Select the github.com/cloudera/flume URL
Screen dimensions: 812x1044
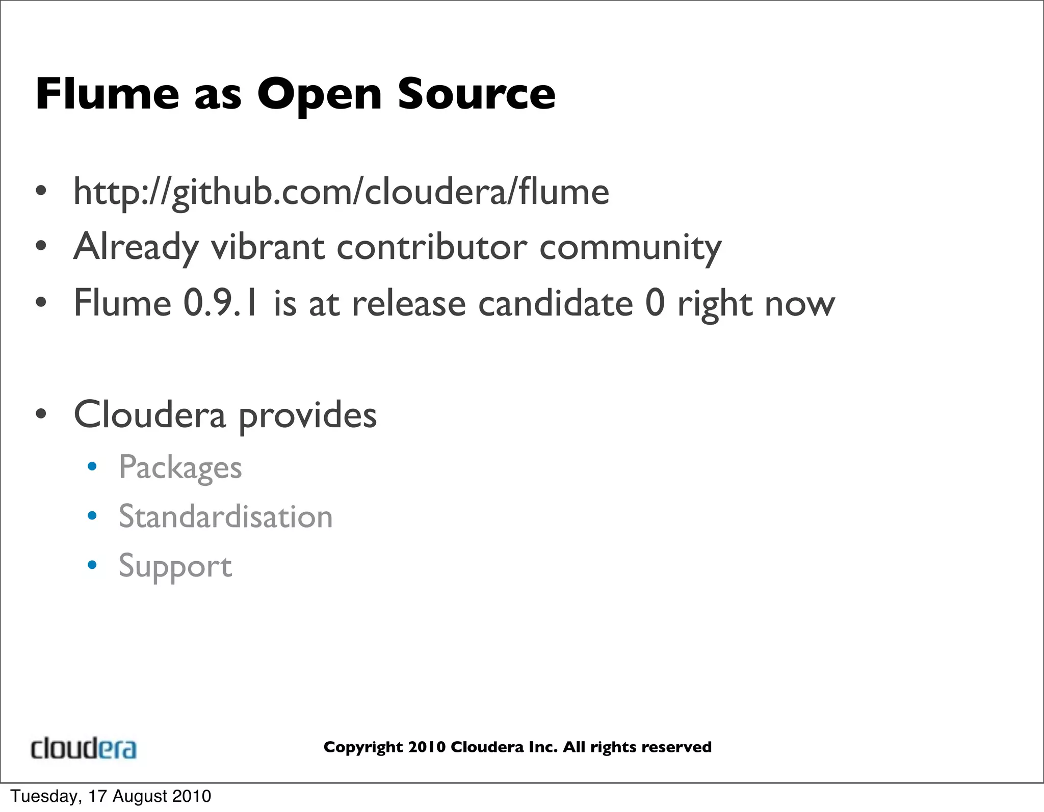pyautogui.click(x=341, y=192)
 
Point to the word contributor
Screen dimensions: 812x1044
pyautogui.click(x=432, y=247)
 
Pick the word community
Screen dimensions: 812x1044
pyautogui.click(x=630, y=248)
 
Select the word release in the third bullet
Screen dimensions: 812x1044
pyautogui.click(x=409, y=304)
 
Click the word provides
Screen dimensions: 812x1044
pyautogui.click(x=307, y=415)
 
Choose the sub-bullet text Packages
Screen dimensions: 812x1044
pyautogui.click(x=180, y=467)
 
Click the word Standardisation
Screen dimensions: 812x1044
pyautogui.click(x=225, y=516)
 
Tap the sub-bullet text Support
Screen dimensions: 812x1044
pyautogui.click(x=175, y=566)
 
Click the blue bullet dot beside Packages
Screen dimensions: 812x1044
pyautogui.click(x=92, y=466)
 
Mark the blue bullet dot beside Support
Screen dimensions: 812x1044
pyautogui.click(x=92, y=565)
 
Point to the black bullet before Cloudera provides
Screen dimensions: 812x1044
pyautogui.click(x=41, y=414)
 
